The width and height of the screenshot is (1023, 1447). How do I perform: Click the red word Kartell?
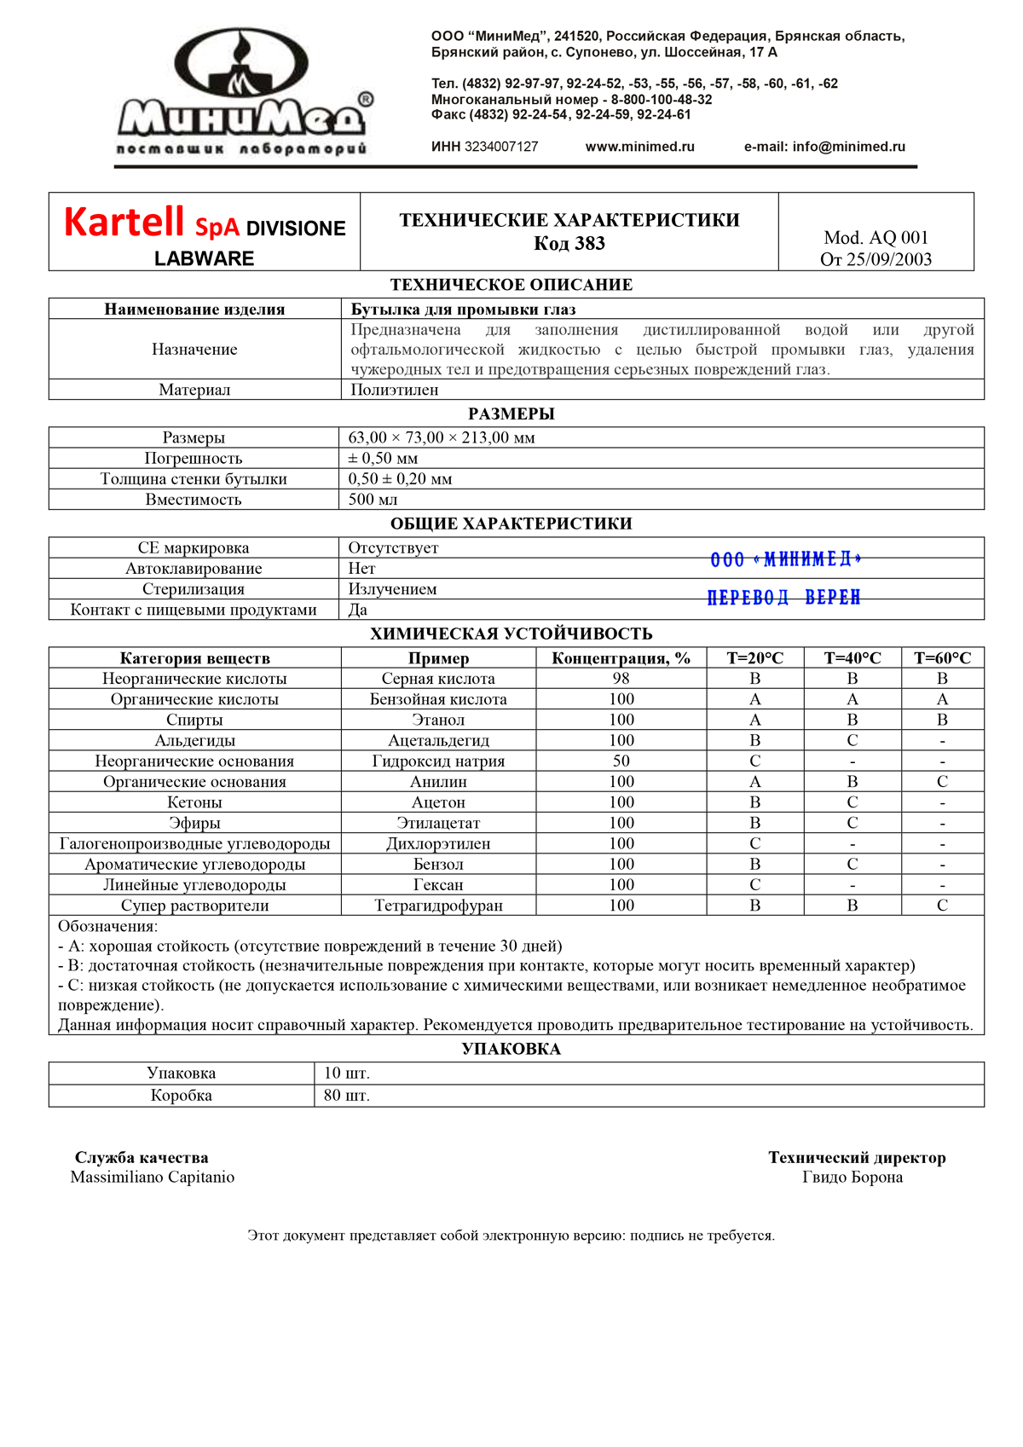click(x=124, y=223)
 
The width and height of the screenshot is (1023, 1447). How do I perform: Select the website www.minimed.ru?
click(x=639, y=147)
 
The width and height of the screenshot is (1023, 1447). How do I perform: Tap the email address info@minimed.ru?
click(x=848, y=147)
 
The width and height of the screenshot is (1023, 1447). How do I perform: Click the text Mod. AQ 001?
click(x=876, y=238)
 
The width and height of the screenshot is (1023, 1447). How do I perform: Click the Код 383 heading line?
click(x=569, y=244)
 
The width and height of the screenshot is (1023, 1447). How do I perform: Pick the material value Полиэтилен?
click(x=395, y=390)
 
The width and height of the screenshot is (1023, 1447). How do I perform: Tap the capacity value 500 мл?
click(x=373, y=500)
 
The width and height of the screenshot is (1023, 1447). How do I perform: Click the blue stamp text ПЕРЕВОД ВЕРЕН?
click(x=783, y=597)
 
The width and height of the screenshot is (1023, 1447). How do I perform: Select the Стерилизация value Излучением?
click(x=392, y=589)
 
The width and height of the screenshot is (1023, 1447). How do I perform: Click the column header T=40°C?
click(x=852, y=658)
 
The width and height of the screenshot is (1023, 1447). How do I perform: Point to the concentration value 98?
click(x=621, y=679)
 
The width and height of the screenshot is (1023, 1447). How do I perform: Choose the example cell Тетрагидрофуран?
click(x=438, y=906)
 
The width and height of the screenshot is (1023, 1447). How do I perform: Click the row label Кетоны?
click(x=194, y=802)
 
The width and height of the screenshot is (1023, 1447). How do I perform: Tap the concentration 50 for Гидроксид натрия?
click(x=621, y=761)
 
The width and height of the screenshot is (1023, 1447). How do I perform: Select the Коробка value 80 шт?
click(x=347, y=1096)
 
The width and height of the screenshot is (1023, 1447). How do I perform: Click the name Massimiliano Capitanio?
click(x=152, y=1178)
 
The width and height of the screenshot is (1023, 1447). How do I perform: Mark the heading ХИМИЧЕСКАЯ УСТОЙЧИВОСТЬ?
click(x=511, y=634)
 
